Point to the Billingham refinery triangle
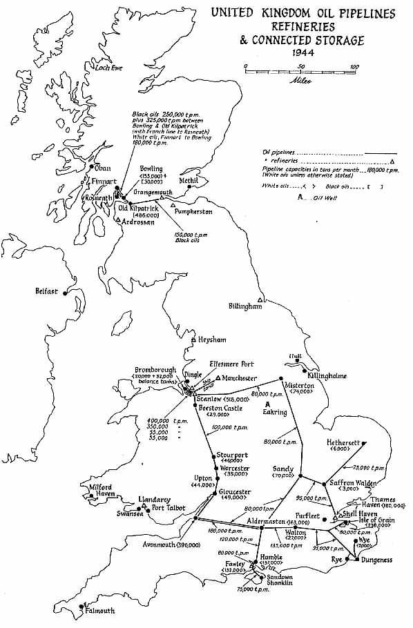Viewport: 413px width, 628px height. click(x=260, y=299)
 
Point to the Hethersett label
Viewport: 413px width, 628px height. click(x=348, y=442)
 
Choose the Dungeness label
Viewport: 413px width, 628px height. click(x=376, y=560)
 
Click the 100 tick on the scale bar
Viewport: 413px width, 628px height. click(x=354, y=67)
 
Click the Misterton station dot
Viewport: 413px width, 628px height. click(x=279, y=378)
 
